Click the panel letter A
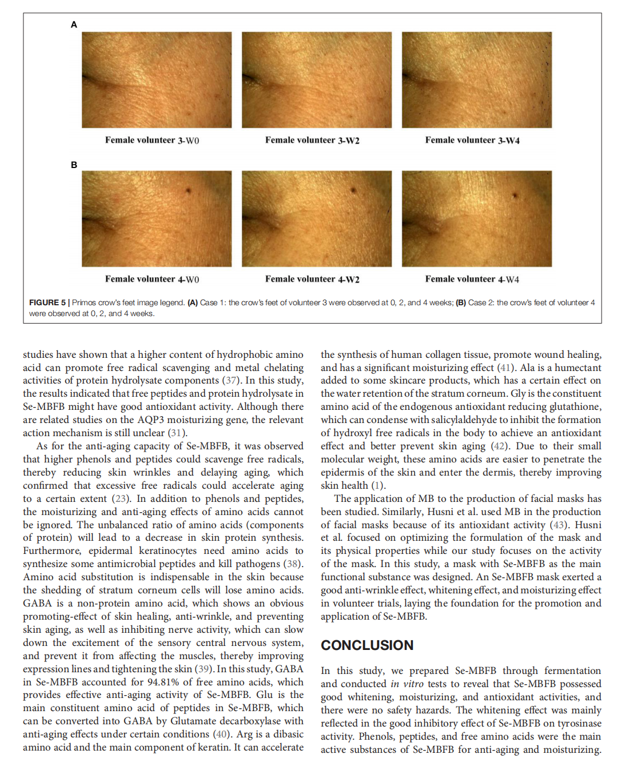coord(74,25)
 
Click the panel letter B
coord(74,165)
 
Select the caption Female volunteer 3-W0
coord(152,140)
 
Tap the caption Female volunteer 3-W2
coord(312,140)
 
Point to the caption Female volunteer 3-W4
coord(472,140)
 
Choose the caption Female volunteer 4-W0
coord(152,279)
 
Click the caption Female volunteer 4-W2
coord(312,279)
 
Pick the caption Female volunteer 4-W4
coord(472,279)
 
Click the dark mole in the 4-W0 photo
coord(188,191)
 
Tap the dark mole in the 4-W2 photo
coord(353,190)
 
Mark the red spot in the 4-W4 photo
coord(515,196)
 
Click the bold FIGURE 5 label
coord(47,302)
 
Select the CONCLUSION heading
coord(367,645)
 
